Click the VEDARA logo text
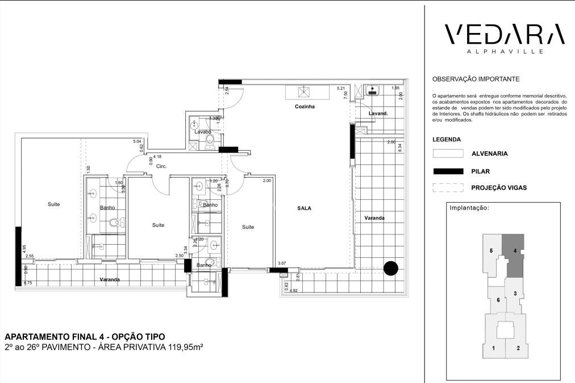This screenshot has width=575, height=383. point(504,35)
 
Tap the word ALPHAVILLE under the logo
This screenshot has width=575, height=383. point(504,51)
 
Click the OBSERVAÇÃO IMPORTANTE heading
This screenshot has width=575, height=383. point(476,79)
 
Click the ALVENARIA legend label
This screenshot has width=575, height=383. point(489,154)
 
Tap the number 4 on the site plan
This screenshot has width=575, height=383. point(514,249)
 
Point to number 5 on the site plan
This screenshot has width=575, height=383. point(490,250)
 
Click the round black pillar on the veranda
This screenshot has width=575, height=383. point(391,268)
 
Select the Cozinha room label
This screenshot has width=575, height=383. point(305,107)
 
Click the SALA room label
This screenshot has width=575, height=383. point(304,208)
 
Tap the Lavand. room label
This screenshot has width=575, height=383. point(378,113)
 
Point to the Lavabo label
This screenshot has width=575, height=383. point(203,131)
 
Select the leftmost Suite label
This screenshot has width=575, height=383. point(53,204)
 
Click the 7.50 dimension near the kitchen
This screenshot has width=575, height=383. point(345,94)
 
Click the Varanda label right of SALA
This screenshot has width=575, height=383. point(374,218)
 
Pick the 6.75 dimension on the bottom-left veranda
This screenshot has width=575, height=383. point(27,282)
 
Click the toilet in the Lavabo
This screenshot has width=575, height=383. point(209,139)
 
